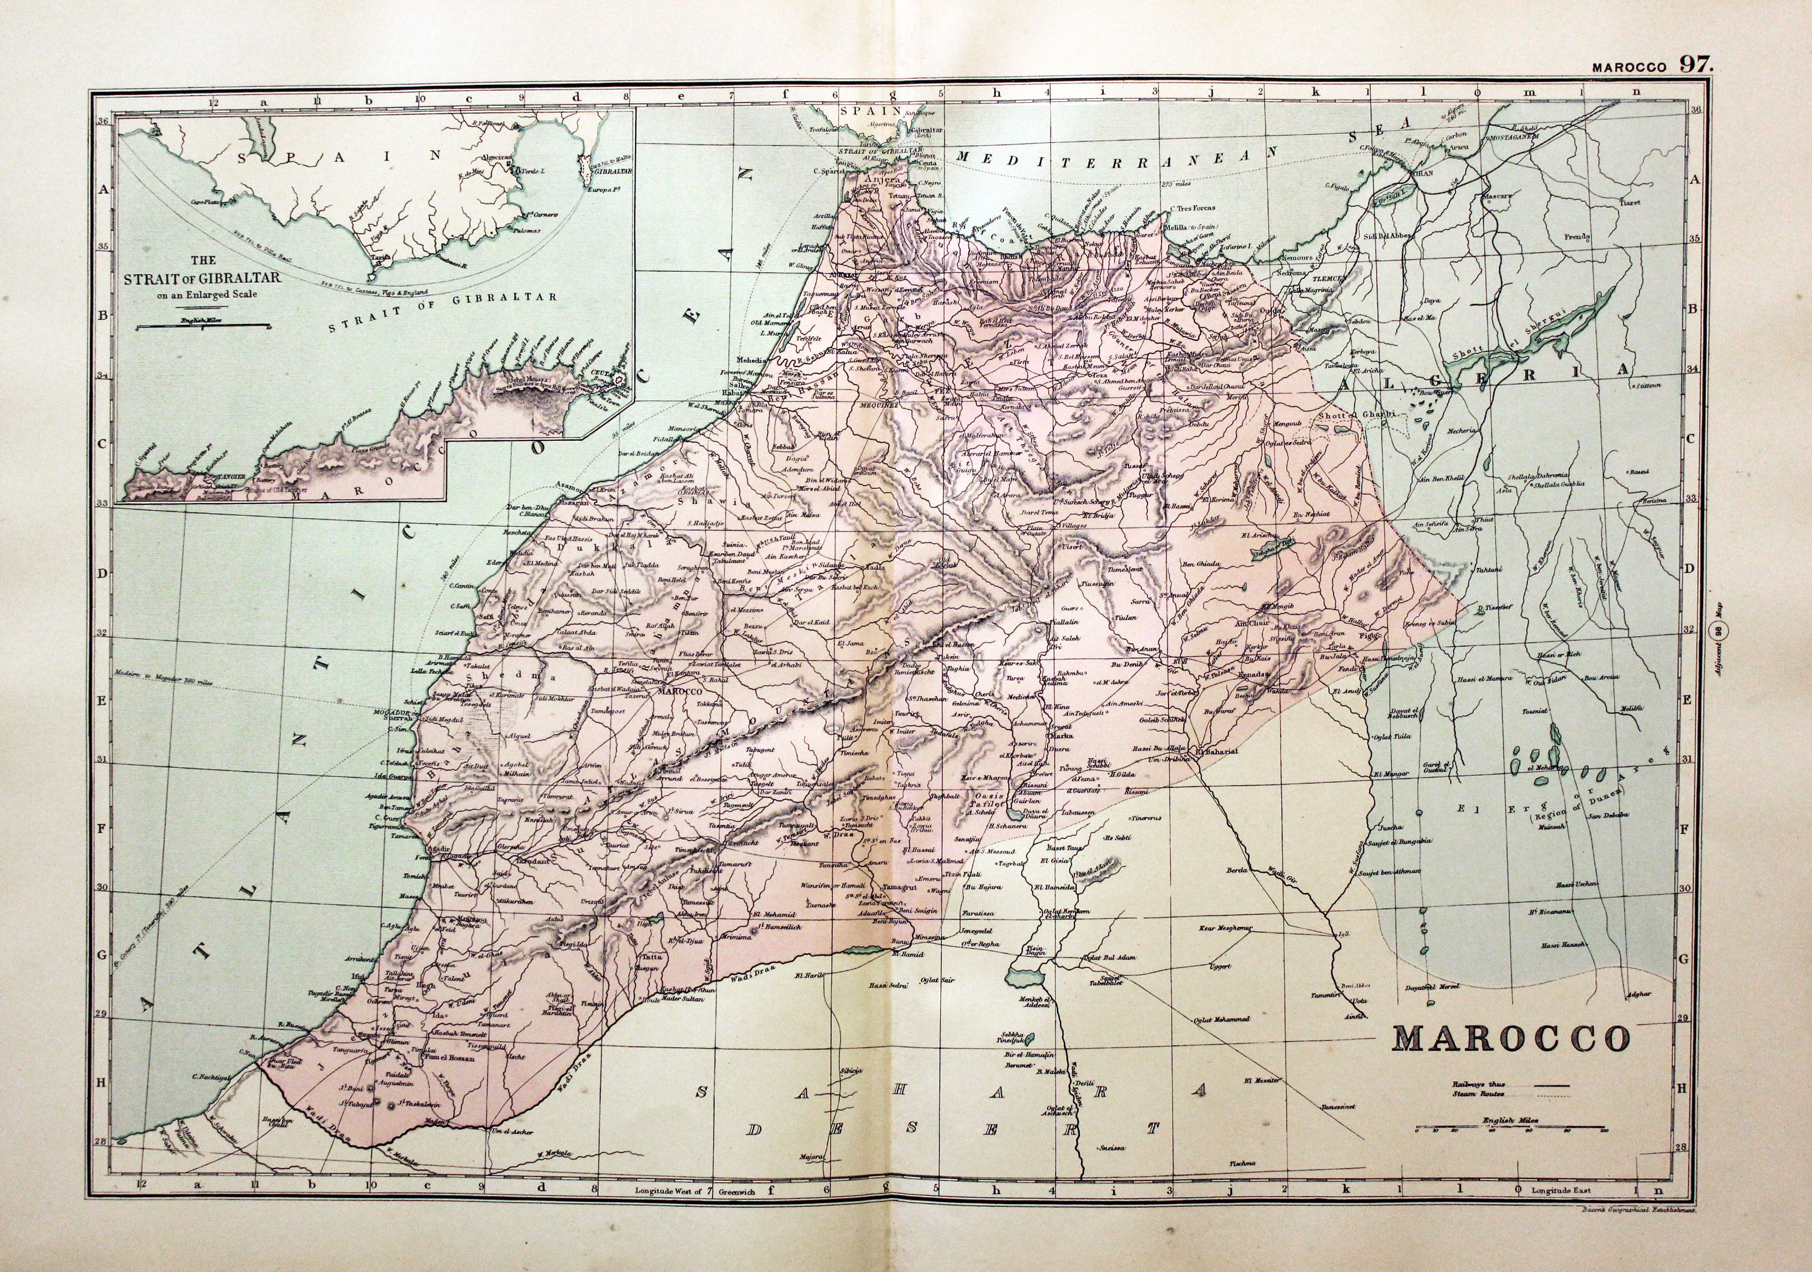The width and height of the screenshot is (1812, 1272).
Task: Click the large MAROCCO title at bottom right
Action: point(1510,1040)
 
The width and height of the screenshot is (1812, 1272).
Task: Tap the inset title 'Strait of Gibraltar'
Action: point(203,279)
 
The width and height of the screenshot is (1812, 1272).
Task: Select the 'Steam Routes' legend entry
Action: point(1477,1095)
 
